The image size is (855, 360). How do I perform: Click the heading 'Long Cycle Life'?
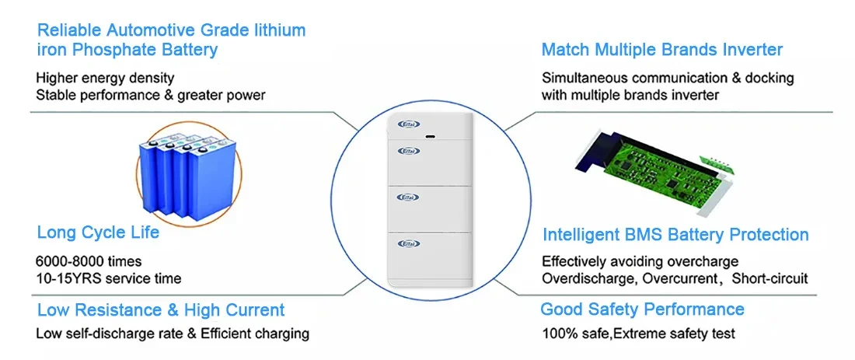click(98, 232)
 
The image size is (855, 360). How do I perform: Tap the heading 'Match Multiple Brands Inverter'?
click(661, 50)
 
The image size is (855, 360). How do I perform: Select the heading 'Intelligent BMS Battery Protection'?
click(675, 235)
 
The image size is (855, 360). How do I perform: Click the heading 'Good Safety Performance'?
click(642, 309)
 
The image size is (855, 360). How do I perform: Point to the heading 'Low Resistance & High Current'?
click(161, 310)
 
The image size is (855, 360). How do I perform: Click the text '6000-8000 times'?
click(89, 261)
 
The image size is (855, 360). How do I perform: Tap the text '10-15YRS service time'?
click(108, 278)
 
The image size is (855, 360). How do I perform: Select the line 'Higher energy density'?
click(105, 78)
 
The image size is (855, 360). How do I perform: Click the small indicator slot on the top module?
click(431, 138)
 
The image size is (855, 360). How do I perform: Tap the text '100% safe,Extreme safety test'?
click(637, 334)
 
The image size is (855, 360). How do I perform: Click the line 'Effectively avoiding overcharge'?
click(640, 261)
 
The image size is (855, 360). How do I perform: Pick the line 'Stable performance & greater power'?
click(150, 95)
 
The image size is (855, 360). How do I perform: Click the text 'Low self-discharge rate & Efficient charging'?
click(173, 334)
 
